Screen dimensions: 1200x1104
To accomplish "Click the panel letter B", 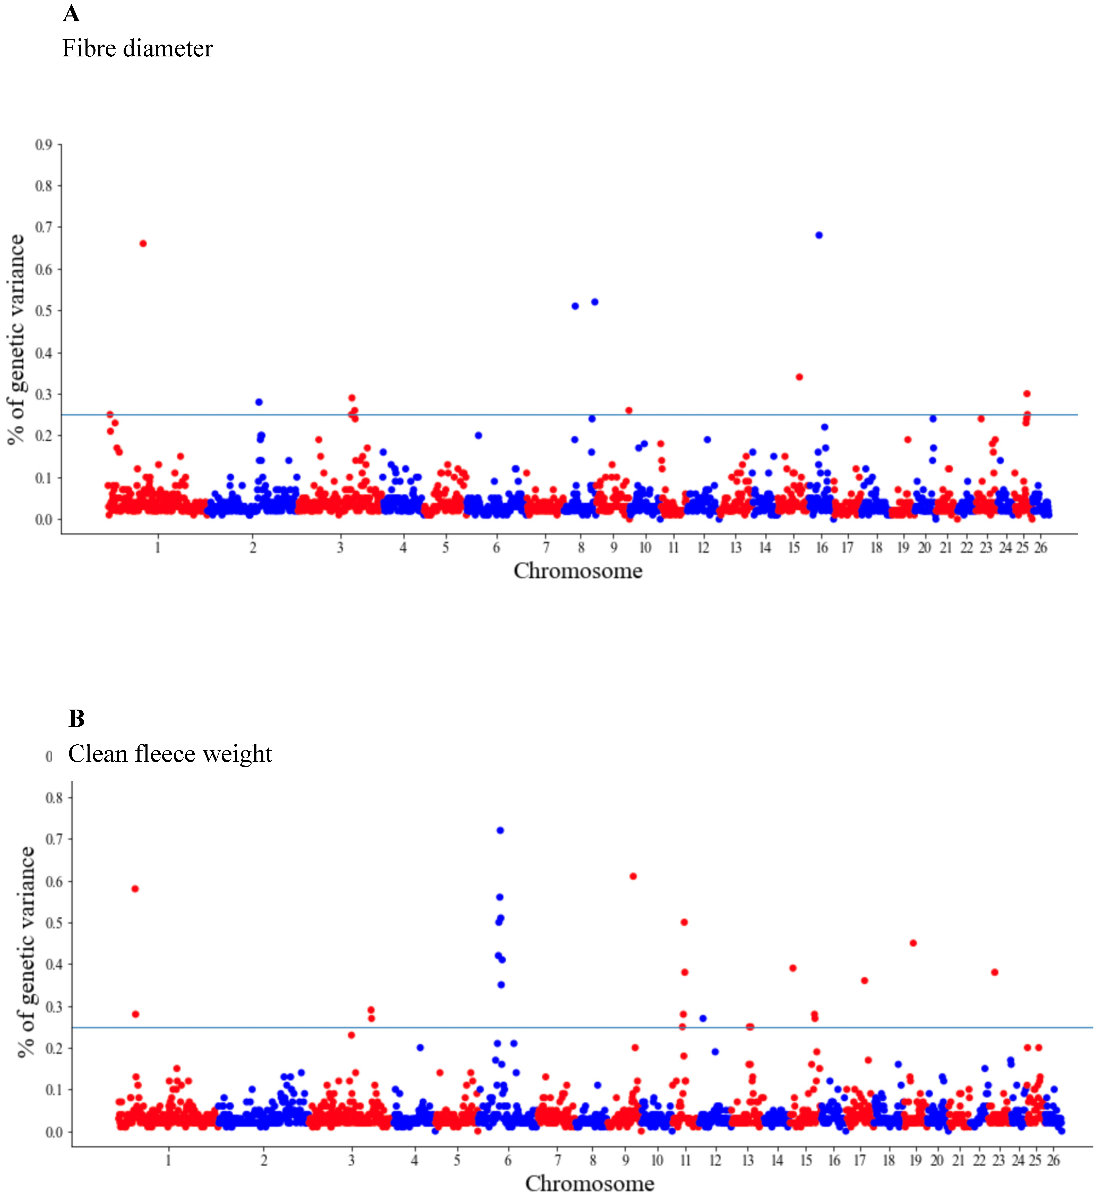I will click(76, 719).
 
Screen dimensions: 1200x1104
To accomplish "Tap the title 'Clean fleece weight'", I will click(170, 754).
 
